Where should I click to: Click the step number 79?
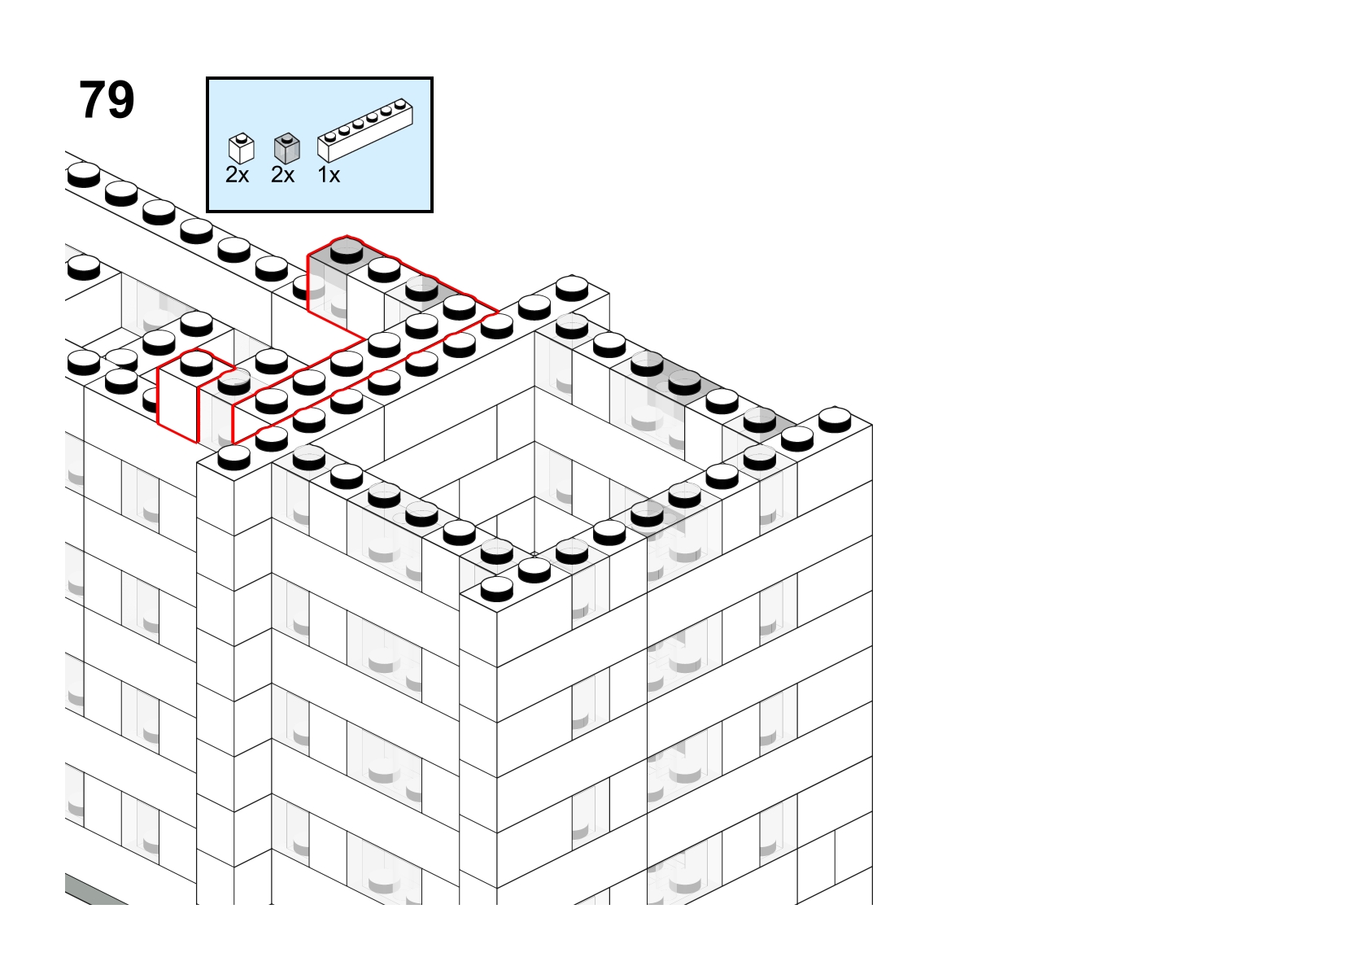107,100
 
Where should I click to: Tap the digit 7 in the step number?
92,100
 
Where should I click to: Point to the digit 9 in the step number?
120,100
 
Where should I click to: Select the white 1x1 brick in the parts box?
242,149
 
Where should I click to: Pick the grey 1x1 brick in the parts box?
287,149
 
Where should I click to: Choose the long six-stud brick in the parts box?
365,130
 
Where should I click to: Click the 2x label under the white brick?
238,175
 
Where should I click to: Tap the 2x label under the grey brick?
282,175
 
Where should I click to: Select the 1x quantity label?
329,175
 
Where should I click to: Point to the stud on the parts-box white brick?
242,137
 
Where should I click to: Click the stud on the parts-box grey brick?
287,137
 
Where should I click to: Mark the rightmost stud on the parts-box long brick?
400,103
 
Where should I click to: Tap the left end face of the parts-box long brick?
324,151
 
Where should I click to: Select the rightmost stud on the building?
835,420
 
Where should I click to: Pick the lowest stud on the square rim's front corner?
496,589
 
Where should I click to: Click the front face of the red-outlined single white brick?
178,404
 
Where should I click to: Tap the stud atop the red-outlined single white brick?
196,363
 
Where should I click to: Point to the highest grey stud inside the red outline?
347,251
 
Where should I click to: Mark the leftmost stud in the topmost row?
84,175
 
